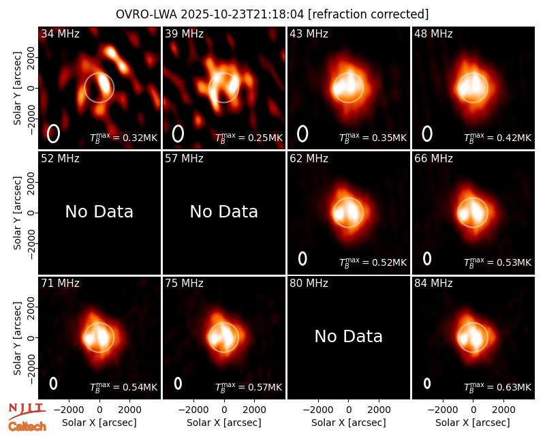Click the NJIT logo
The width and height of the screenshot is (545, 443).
[27, 411]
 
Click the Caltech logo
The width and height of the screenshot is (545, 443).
[27, 427]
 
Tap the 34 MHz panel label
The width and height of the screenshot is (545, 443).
[60, 33]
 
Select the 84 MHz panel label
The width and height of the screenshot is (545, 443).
[433, 283]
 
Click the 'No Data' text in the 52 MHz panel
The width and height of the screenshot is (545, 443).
[99, 211]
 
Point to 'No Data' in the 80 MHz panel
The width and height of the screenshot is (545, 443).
[349, 336]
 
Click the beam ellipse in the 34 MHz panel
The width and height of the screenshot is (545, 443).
[53, 134]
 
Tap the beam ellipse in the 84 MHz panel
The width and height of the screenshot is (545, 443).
[427, 383]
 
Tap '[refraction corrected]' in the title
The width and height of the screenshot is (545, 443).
[368, 14]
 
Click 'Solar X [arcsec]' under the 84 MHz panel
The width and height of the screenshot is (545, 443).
[473, 423]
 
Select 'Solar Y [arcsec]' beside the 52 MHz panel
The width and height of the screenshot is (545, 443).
[18, 213]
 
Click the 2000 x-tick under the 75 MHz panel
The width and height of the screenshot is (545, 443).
[254, 410]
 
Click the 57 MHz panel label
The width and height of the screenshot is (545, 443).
[184, 159]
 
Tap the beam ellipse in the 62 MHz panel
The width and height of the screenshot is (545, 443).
[302, 258]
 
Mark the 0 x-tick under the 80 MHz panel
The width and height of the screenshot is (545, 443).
[349, 410]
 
